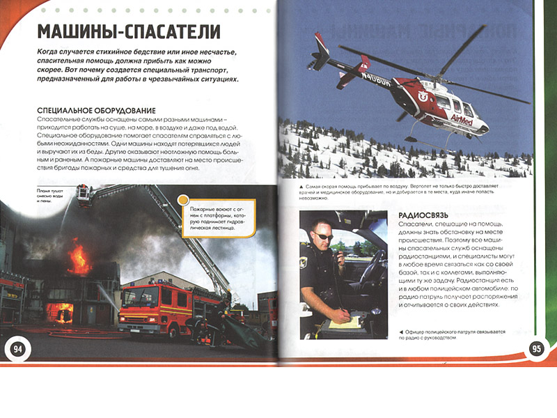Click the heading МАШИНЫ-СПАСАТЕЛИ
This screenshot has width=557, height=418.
129,32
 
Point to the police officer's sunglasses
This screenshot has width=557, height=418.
325,237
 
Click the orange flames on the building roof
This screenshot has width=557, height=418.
78,258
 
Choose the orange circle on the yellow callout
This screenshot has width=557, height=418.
184,200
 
